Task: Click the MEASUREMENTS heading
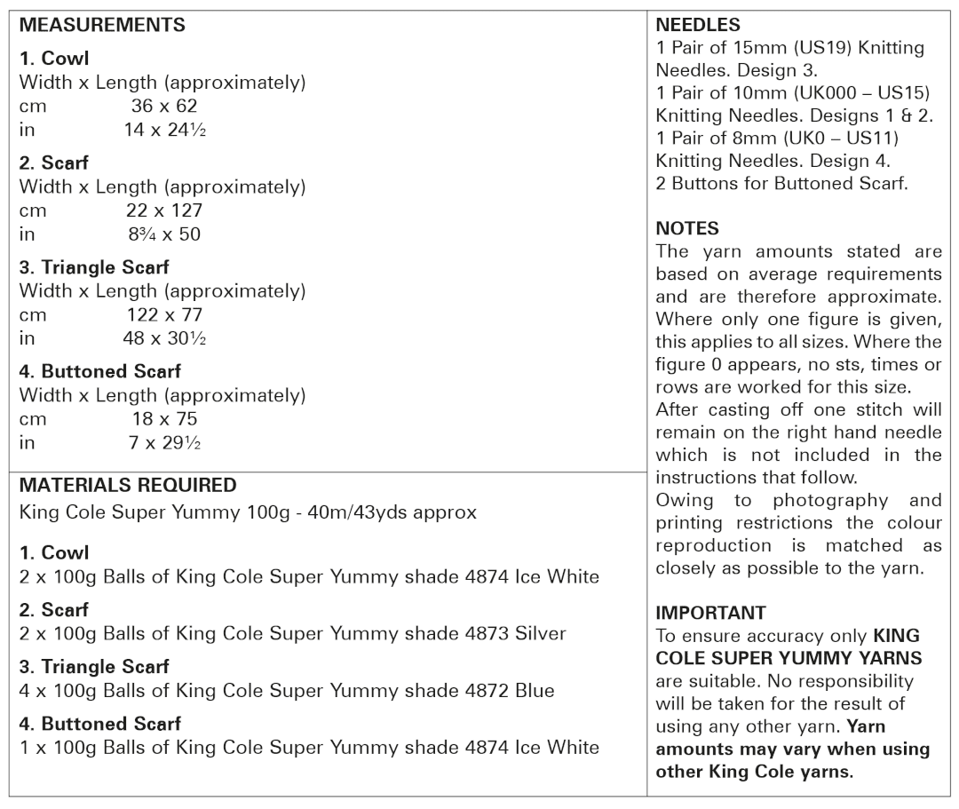point(102,26)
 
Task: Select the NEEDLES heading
point(698,26)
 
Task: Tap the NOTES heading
point(686,229)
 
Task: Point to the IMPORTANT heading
point(710,614)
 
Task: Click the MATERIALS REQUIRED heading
point(128,486)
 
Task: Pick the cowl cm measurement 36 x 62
point(164,107)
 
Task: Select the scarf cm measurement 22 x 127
point(164,210)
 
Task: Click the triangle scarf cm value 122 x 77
point(164,314)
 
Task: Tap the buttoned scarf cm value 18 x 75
point(164,418)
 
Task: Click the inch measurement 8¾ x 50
point(164,234)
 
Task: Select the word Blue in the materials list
point(534,691)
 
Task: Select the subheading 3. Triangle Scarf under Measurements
point(94,267)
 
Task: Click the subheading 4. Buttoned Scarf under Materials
point(100,724)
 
